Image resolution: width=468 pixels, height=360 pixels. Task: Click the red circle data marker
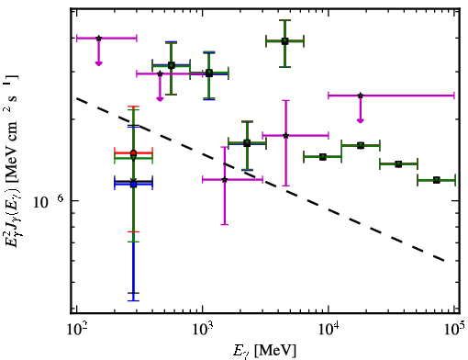tap(133, 152)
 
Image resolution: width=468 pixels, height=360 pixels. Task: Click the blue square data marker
tap(133, 185)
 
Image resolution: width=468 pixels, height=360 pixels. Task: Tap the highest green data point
tap(284, 41)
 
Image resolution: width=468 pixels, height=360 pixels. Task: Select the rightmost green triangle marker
tap(436, 180)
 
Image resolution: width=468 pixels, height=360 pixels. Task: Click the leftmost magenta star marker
tap(98, 39)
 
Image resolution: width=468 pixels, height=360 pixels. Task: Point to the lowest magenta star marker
tap(225, 179)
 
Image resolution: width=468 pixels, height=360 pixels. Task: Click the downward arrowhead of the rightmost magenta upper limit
tap(361, 120)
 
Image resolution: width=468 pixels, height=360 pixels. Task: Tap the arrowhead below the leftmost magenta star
tap(98, 63)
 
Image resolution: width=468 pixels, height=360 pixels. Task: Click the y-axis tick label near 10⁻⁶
tap(49, 201)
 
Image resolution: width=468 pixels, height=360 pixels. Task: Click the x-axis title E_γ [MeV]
tap(264, 351)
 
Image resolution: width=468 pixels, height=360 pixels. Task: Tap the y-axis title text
tap(12, 161)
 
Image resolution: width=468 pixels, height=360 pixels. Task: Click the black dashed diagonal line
tap(261, 180)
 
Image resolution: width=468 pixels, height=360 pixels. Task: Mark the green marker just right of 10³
tap(209, 73)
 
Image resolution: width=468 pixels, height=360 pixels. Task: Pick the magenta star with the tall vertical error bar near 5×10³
tap(285, 135)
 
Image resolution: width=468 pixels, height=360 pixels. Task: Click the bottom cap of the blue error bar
tap(133, 300)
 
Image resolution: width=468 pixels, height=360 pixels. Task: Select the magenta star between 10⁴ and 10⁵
tap(361, 96)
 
